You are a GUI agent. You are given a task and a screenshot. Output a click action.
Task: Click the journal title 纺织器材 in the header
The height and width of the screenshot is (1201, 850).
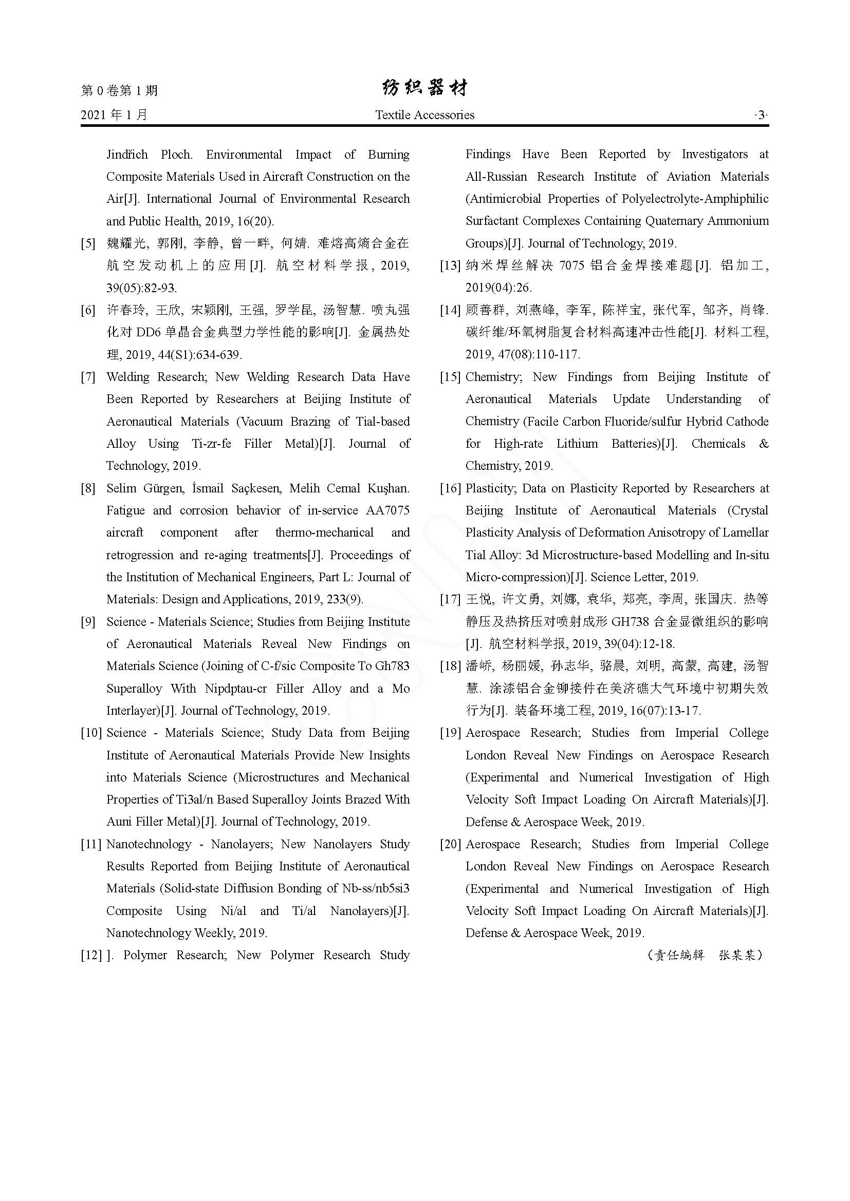(424, 89)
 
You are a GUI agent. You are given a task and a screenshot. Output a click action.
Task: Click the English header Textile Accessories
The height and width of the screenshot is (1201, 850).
(424, 115)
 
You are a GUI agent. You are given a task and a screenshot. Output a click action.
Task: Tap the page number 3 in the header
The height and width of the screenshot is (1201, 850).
(761, 115)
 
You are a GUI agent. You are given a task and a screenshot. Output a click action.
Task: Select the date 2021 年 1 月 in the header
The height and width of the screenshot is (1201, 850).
(114, 115)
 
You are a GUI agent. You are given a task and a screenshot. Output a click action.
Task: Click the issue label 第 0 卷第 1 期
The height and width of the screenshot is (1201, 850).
(119, 90)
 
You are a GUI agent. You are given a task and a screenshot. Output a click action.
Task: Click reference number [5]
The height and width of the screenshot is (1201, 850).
(88, 243)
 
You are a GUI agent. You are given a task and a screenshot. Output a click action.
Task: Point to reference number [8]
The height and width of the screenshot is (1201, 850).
(88, 488)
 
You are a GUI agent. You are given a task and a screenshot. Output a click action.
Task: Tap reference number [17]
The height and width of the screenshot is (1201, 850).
(450, 599)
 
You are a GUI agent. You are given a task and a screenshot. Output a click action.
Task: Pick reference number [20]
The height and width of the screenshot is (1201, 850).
(450, 844)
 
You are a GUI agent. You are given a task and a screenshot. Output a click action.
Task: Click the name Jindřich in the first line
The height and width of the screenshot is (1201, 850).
(127, 155)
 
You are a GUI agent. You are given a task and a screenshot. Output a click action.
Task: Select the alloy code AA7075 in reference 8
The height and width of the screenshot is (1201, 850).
(388, 510)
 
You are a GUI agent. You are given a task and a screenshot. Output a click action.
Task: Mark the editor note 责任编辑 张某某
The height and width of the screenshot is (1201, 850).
(705, 956)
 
